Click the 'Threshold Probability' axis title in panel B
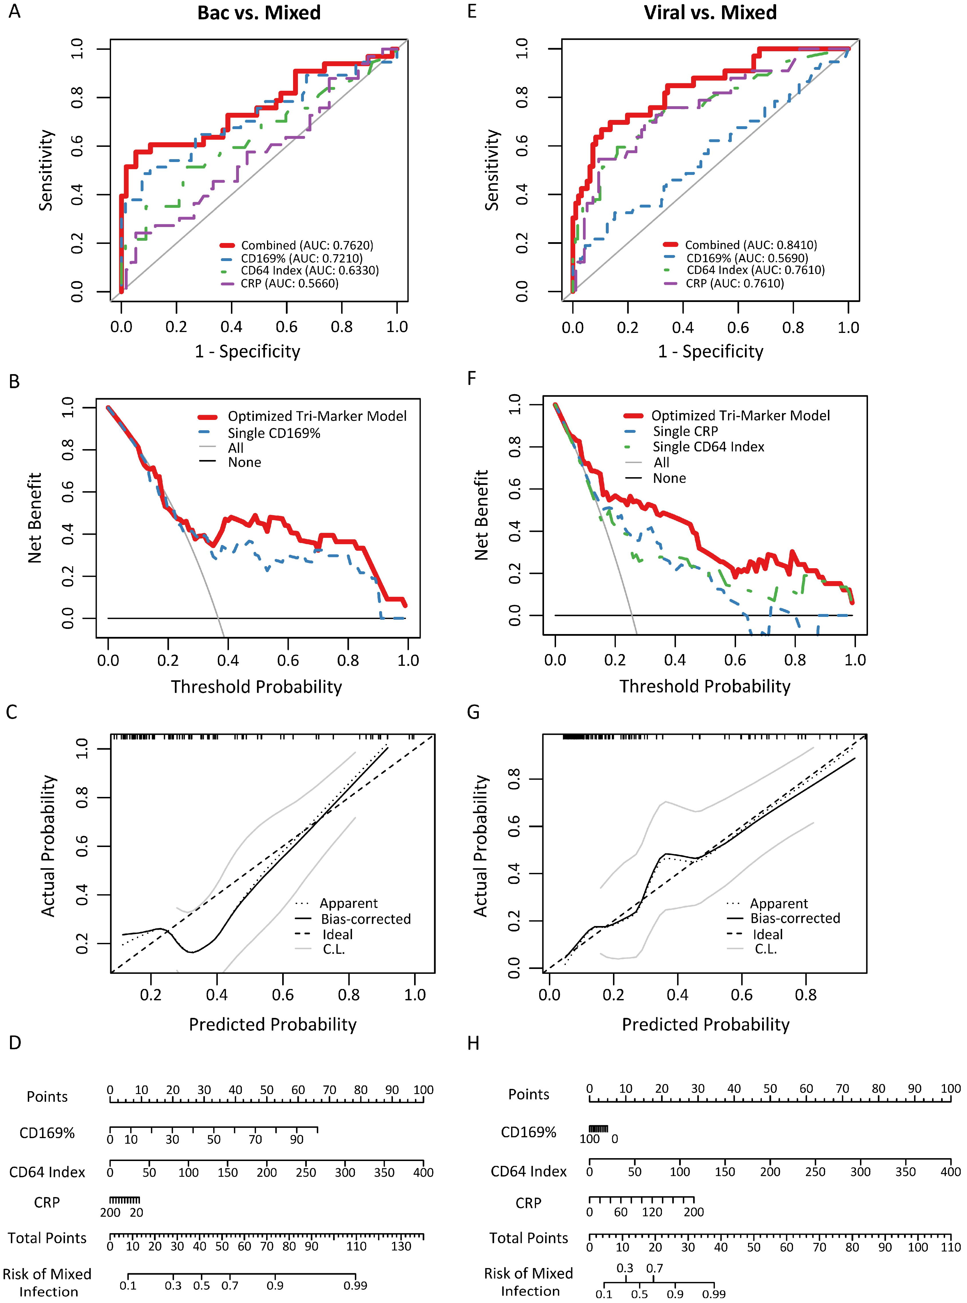point(256,687)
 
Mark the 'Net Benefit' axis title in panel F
point(481,515)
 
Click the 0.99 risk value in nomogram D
point(355,1286)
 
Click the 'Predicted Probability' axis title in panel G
point(705,1024)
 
